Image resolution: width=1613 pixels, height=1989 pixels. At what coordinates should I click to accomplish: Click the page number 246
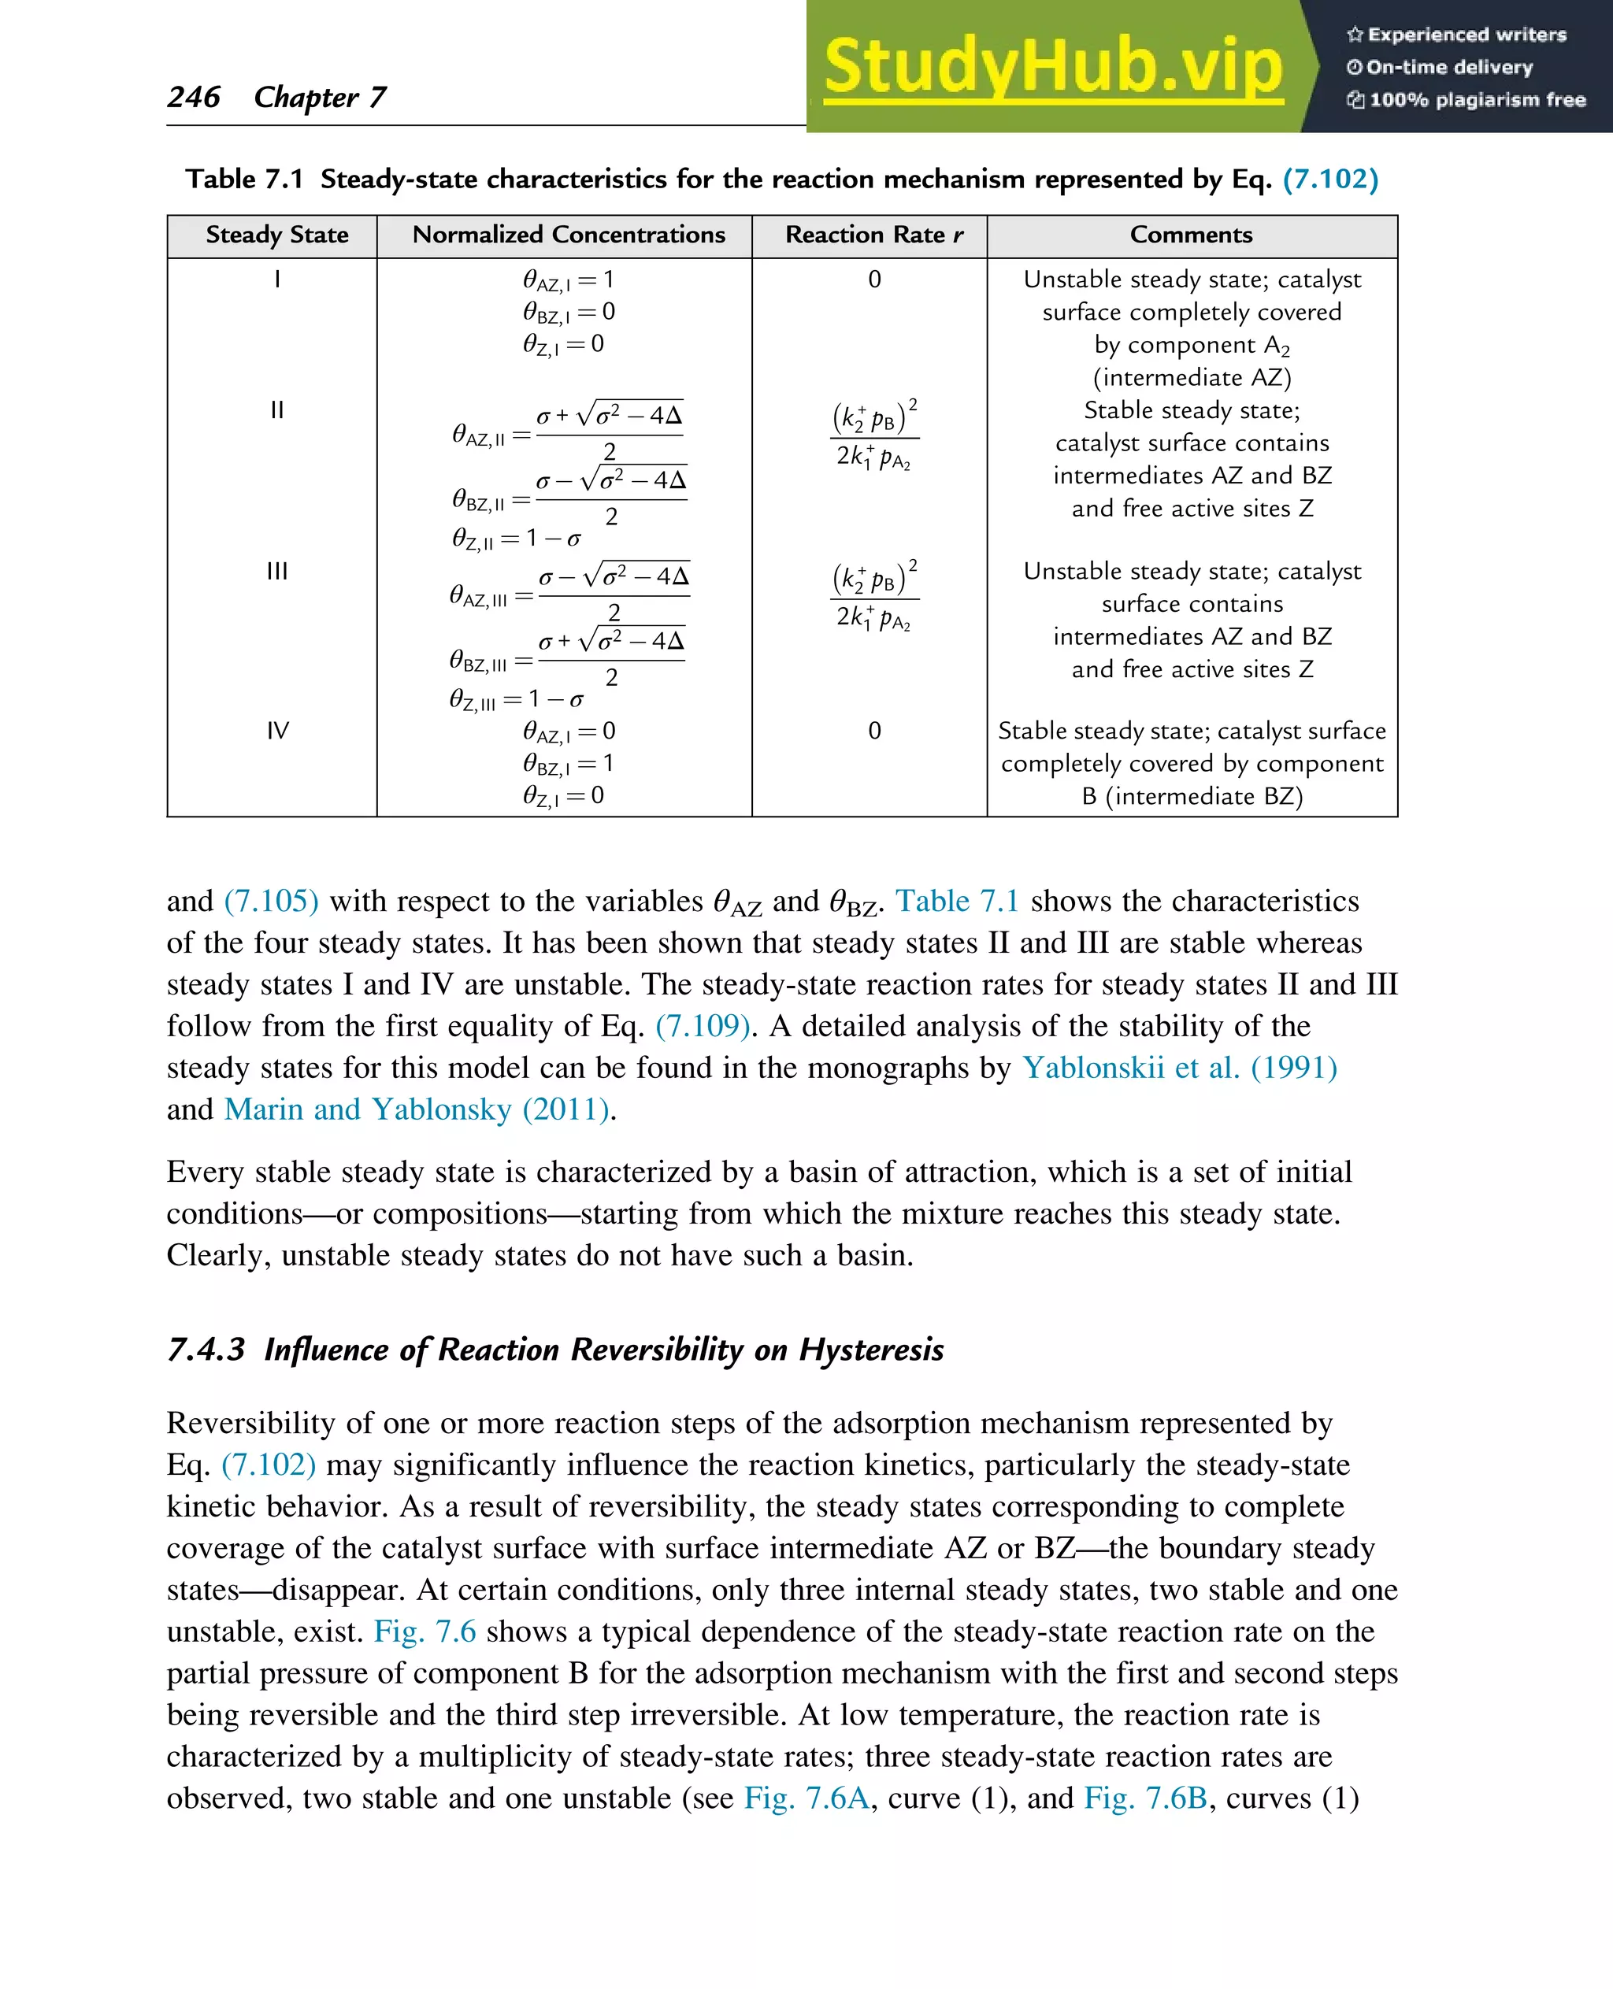pyautogui.click(x=193, y=97)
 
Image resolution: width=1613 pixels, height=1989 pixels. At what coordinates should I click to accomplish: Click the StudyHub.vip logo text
pyautogui.click(x=1053, y=67)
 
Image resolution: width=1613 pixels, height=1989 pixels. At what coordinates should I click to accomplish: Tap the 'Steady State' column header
pyautogui.click(x=277, y=235)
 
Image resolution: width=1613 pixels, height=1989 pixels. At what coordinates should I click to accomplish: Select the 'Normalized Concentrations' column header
pyautogui.click(x=569, y=235)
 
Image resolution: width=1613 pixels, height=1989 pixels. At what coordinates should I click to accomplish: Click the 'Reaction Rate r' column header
pyautogui.click(x=873, y=235)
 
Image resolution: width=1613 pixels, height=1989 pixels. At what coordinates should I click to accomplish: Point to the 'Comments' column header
pyautogui.click(x=1191, y=235)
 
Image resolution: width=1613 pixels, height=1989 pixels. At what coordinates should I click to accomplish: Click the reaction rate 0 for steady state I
pyautogui.click(x=874, y=279)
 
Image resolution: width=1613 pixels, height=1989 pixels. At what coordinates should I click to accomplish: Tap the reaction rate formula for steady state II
pyautogui.click(x=874, y=435)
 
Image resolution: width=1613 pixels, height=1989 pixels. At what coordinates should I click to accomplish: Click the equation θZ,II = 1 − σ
pyautogui.click(x=517, y=539)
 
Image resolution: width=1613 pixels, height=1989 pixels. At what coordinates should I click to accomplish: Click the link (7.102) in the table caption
pyautogui.click(x=1329, y=179)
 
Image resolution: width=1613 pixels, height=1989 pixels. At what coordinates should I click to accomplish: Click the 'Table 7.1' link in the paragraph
pyautogui.click(x=957, y=901)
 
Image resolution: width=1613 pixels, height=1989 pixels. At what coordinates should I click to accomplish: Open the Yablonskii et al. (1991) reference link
pyautogui.click(x=1179, y=1068)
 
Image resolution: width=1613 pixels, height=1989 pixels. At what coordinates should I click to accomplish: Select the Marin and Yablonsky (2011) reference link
pyautogui.click(x=417, y=1109)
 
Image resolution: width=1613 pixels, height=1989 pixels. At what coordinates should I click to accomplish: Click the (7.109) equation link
pyautogui.click(x=703, y=1026)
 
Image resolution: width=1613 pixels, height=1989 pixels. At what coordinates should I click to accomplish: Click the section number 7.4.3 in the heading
pyautogui.click(x=206, y=1349)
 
